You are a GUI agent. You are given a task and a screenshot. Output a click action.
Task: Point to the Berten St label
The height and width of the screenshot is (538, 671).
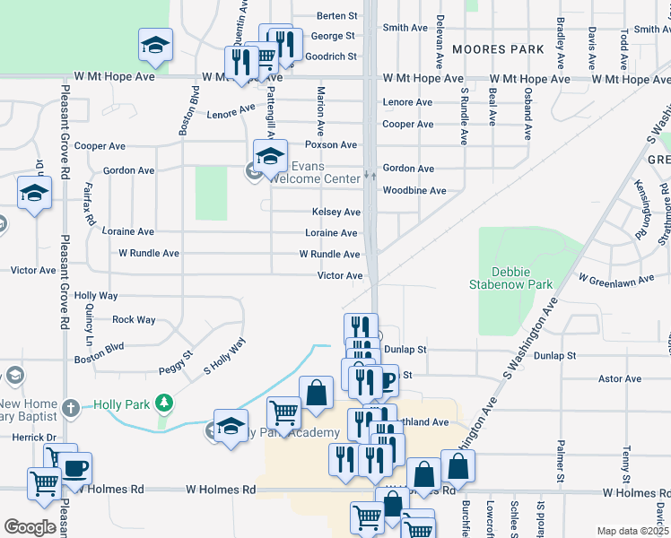[337, 16]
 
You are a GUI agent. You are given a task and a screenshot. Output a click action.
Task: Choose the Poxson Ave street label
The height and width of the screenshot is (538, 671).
[330, 144]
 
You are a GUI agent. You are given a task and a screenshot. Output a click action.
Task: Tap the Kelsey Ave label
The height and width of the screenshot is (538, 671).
[335, 213]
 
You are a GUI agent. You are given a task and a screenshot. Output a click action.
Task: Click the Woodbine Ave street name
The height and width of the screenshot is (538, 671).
[414, 191]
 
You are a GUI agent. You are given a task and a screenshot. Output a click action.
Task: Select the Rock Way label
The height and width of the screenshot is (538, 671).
[134, 319]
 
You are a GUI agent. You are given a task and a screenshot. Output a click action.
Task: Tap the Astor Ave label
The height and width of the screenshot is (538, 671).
[620, 379]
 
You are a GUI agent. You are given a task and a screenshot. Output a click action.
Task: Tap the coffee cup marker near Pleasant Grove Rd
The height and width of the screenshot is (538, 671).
[74, 468]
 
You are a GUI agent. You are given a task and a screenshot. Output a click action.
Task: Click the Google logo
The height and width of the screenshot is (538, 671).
[30, 527]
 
